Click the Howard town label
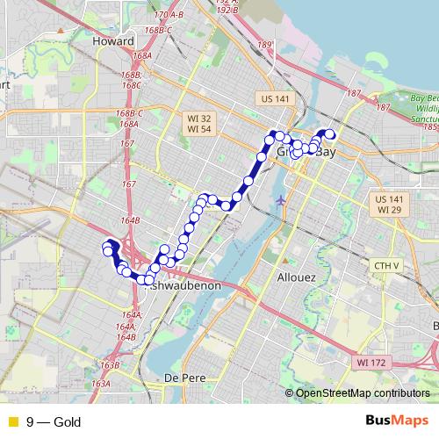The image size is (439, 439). point(113,41)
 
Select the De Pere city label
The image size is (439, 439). point(184,377)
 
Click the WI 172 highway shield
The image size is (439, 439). point(372,362)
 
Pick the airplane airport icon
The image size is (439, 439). point(280,199)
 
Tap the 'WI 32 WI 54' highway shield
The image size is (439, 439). point(198,124)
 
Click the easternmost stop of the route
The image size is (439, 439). point(332,134)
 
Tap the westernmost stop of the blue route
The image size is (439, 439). point(108,251)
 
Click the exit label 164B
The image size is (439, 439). point(131,220)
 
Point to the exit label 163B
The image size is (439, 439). point(110,364)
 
